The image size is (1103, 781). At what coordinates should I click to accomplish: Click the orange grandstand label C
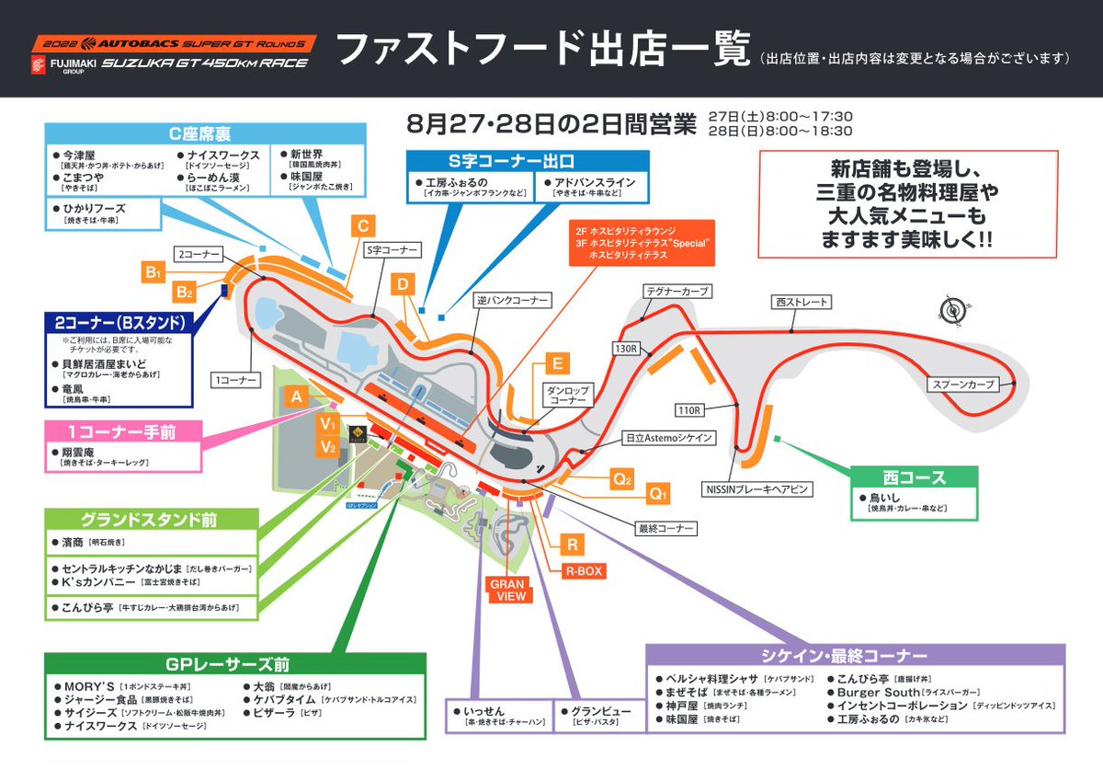(x=363, y=226)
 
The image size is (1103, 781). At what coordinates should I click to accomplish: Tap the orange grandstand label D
(x=403, y=284)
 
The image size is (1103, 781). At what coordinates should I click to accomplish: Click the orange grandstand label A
(x=296, y=396)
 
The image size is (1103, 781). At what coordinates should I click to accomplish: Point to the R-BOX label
(x=584, y=571)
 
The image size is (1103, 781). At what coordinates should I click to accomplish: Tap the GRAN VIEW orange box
(x=507, y=591)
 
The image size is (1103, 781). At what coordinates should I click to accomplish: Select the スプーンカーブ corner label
(x=961, y=385)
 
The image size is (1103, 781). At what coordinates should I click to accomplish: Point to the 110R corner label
(x=688, y=408)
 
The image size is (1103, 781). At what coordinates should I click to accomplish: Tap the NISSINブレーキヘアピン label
(x=756, y=489)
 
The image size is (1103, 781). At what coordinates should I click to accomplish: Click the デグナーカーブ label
(x=677, y=291)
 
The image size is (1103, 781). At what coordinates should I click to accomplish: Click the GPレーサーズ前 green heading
(x=234, y=664)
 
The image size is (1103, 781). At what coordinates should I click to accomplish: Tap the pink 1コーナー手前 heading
(x=121, y=431)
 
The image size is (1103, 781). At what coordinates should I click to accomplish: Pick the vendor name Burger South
(x=877, y=692)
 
